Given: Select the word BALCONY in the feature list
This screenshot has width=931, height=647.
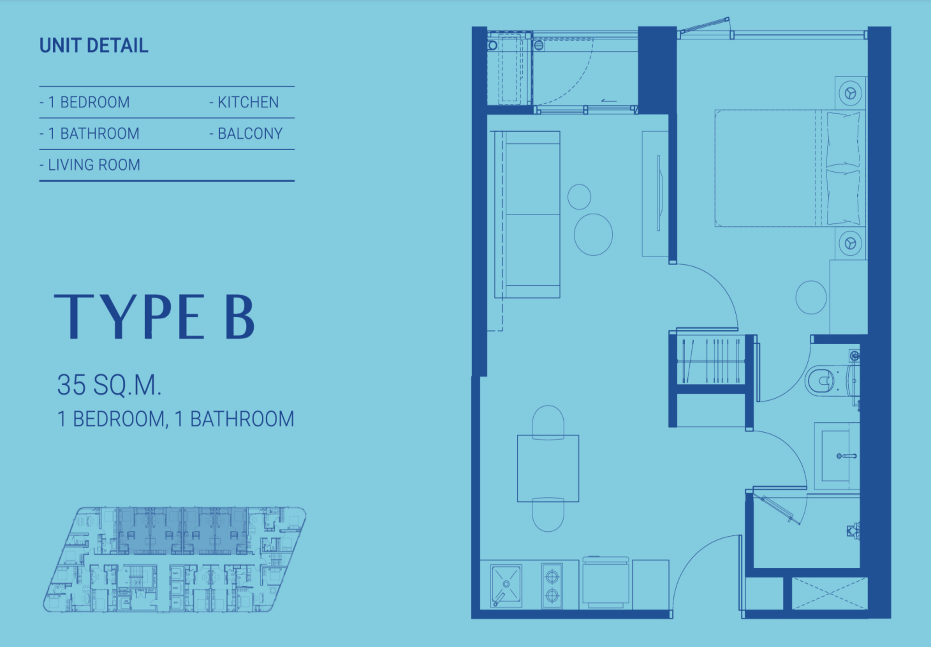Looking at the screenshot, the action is [x=250, y=133].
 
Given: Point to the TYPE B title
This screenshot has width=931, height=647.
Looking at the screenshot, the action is [x=154, y=317].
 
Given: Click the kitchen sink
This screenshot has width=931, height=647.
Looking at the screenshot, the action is [x=506, y=586].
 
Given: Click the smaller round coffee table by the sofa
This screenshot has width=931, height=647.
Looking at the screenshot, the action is [x=579, y=197].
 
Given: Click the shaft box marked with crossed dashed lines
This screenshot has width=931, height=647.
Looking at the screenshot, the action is [x=829, y=593].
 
